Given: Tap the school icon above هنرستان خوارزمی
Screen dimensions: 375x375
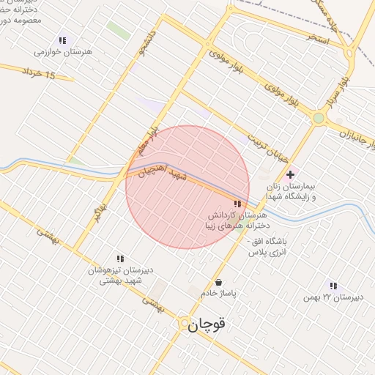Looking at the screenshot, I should point(62,41).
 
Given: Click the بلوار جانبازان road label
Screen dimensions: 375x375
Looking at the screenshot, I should point(351,132).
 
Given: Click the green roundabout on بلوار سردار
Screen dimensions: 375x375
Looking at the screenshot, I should point(319,117).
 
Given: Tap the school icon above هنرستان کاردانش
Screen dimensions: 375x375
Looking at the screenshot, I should point(237,204).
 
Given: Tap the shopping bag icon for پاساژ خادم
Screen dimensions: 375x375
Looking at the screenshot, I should point(218,282).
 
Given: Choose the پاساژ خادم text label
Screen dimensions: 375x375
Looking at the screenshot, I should point(220,294).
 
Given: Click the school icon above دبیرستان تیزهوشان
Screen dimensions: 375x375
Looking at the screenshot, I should point(120,259).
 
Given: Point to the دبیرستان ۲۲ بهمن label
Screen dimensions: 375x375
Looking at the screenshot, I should point(334,297).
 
